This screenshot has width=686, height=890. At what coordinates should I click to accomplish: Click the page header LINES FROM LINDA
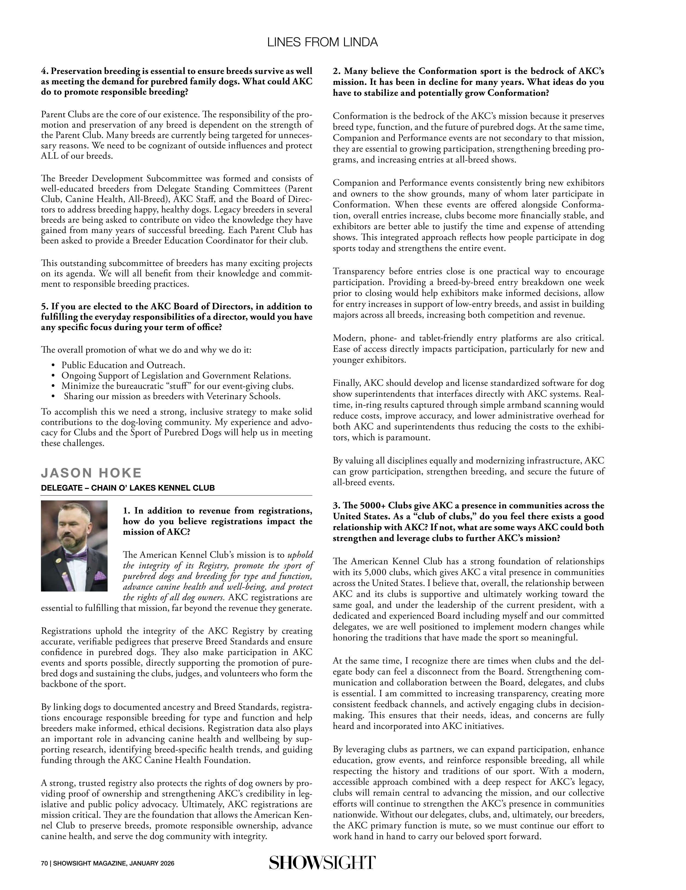click(x=322, y=42)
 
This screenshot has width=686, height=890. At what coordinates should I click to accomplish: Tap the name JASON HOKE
click(x=91, y=473)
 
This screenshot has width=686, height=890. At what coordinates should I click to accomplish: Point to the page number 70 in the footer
click(x=45, y=864)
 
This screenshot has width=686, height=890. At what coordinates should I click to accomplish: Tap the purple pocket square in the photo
click(x=100, y=576)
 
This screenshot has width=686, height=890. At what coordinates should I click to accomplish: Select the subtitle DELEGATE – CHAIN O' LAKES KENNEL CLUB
click(x=128, y=488)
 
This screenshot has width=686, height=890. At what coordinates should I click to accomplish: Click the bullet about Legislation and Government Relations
click(x=176, y=375)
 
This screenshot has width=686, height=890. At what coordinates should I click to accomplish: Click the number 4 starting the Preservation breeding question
click(x=44, y=71)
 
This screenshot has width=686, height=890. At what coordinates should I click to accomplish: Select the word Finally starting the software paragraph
click(x=346, y=383)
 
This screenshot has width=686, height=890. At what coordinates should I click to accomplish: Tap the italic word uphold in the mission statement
click(x=300, y=555)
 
